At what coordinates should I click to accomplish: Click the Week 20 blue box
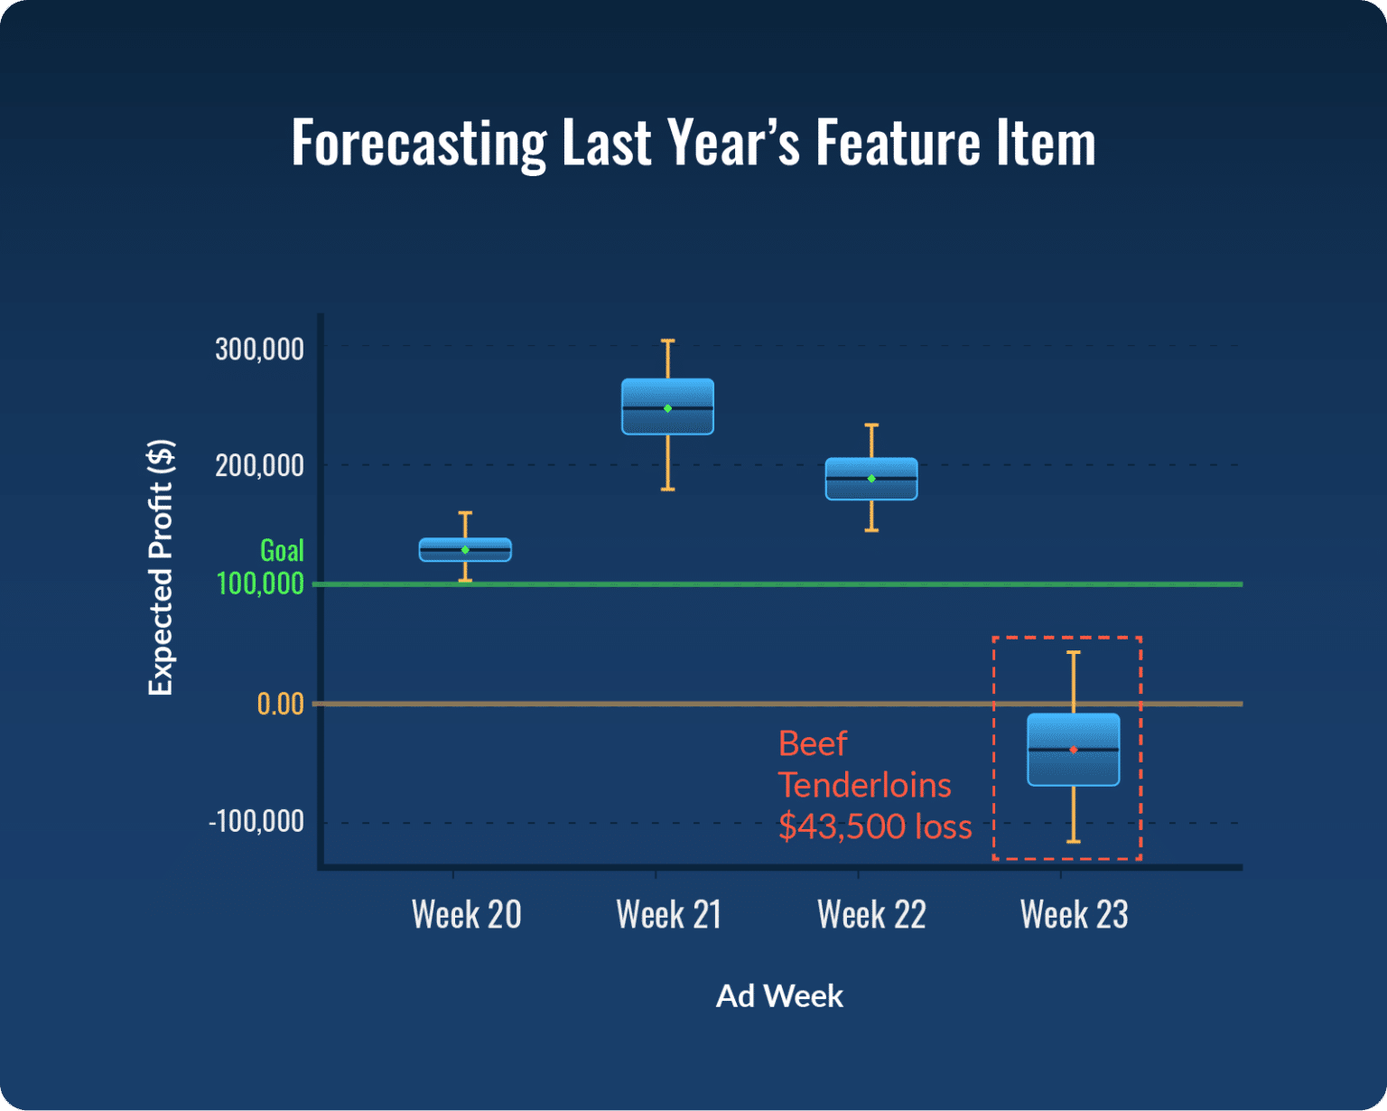pyautogui.click(x=465, y=549)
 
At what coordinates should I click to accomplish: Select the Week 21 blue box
pyautogui.click(x=667, y=406)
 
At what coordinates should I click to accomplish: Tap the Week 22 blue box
pyautogui.click(x=871, y=479)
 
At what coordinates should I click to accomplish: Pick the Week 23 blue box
pyautogui.click(x=1074, y=750)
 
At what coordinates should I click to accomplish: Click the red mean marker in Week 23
pyautogui.click(x=1074, y=750)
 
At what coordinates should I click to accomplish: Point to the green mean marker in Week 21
pyautogui.click(x=668, y=408)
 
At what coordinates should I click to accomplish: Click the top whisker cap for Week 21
pyautogui.click(x=668, y=341)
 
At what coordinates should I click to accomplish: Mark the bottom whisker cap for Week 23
pyautogui.click(x=1074, y=842)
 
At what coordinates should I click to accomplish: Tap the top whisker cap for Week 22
pyautogui.click(x=871, y=425)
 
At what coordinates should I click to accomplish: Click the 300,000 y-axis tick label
pyautogui.click(x=259, y=349)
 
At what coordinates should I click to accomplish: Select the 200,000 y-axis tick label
pyautogui.click(x=259, y=465)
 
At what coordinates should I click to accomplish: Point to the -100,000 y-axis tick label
pyautogui.click(x=256, y=821)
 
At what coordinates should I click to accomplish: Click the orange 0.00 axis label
pyautogui.click(x=280, y=704)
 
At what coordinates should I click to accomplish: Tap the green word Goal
pyautogui.click(x=282, y=550)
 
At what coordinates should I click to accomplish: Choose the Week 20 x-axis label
pyautogui.click(x=466, y=914)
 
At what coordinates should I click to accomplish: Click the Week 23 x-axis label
pyautogui.click(x=1074, y=914)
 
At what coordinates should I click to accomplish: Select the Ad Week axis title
pyautogui.click(x=779, y=995)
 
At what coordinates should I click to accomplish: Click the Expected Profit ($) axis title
pyautogui.click(x=161, y=567)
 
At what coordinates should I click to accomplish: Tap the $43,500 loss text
pyautogui.click(x=874, y=826)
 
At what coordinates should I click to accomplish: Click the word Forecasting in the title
pyautogui.click(x=419, y=143)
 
